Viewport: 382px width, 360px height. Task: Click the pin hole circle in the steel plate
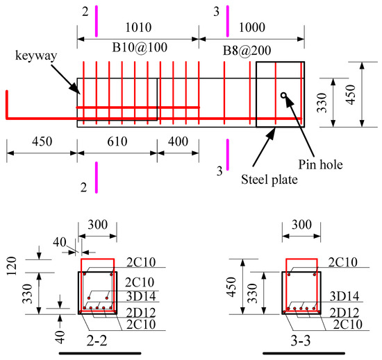[x=283, y=95]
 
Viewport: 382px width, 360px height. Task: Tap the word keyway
[x=36, y=55]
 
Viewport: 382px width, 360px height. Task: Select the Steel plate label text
[x=269, y=180]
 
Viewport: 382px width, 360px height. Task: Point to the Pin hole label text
[x=320, y=164]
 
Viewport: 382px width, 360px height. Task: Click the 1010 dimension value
[x=138, y=27]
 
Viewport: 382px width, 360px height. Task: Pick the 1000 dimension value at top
[x=252, y=27]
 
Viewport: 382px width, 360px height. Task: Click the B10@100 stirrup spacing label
[x=140, y=47]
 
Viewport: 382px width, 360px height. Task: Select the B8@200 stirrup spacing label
[x=247, y=51]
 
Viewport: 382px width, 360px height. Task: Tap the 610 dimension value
[x=117, y=142]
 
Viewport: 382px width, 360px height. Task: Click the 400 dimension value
[x=178, y=142]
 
